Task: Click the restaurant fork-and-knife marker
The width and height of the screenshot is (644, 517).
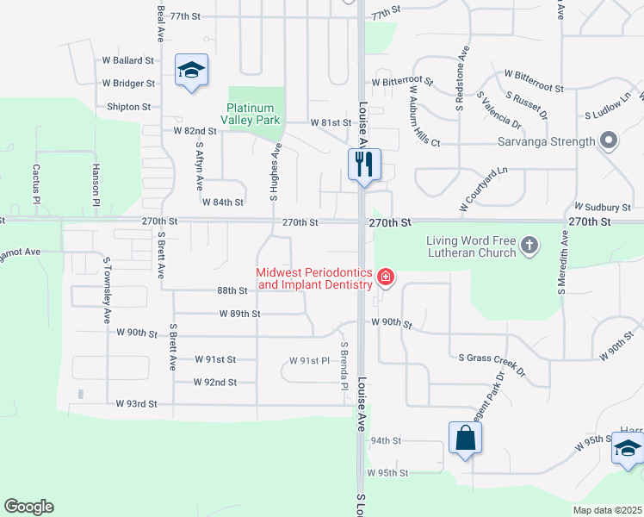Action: click(364, 164)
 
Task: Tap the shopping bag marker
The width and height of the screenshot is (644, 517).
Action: click(465, 438)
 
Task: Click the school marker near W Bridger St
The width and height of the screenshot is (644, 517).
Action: click(191, 70)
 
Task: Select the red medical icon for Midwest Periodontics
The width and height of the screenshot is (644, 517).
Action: click(386, 277)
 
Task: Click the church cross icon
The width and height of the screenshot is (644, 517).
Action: click(529, 246)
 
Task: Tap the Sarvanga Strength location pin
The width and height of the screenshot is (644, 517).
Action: click(608, 140)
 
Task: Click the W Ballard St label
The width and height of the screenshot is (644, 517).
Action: click(127, 61)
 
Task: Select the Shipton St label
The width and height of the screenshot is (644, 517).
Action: click(129, 107)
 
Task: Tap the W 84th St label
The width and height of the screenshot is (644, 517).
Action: click(223, 202)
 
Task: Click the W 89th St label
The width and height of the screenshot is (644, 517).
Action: click(239, 314)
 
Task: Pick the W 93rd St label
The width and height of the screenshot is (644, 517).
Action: click(137, 403)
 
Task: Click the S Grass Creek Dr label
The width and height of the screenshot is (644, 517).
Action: click(492, 362)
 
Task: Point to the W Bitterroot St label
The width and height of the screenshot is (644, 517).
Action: click(403, 81)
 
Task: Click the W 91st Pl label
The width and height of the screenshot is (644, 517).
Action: click(310, 360)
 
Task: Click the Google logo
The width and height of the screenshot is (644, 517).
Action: click(28, 507)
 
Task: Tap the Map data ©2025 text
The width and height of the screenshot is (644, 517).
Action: click(606, 510)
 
